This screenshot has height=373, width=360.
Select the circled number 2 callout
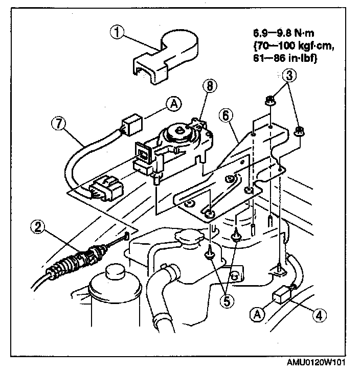(x=37, y=226)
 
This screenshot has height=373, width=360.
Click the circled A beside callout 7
(x=174, y=105)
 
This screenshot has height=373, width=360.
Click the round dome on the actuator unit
(x=181, y=134)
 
